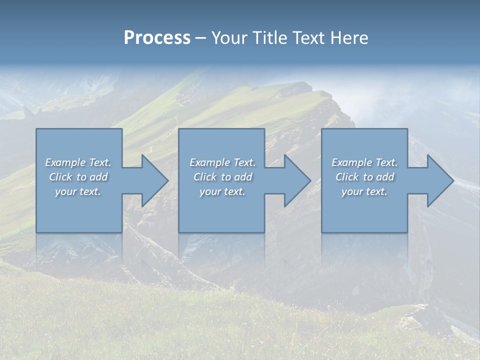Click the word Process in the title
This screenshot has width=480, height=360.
[x=157, y=38]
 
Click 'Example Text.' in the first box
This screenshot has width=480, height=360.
[x=78, y=162]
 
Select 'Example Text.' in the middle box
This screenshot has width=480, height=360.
[x=222, y=162]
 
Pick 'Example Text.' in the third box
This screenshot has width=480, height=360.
[x=364, y=162]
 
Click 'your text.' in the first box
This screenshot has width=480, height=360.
[x=78, y=191]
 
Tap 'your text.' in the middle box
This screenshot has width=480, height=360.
[x=222, y=191]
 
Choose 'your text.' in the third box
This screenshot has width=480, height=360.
[x=364, y=191]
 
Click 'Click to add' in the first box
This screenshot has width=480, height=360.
[x=78, y=177]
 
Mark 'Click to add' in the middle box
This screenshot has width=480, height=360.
[x=222, y=177]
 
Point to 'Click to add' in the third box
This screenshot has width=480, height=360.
[x=364, y=177]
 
